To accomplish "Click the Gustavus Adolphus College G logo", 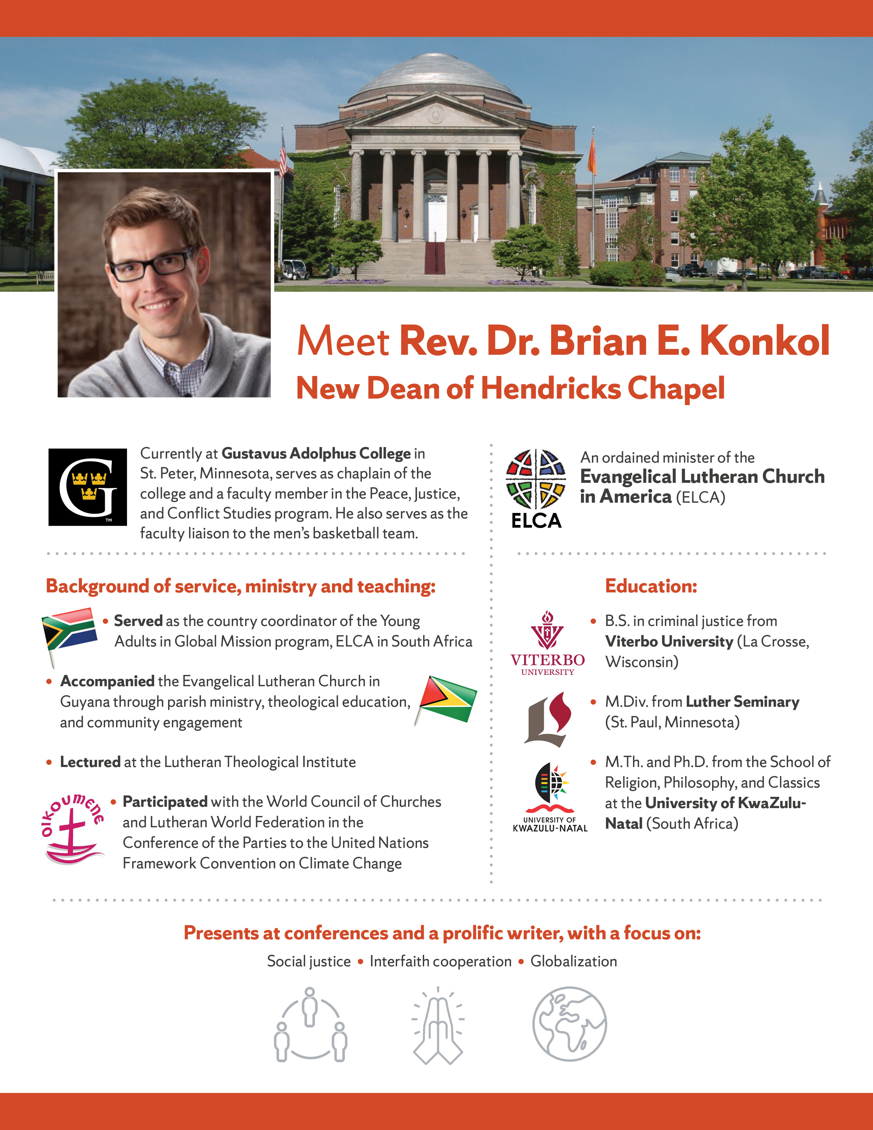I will [x=87, y=487].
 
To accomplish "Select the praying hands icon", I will [x=438, y=1026].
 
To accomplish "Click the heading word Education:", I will [x=650, y=586].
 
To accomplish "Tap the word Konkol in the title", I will [x=764, y=341].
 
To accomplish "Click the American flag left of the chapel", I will [x=282, y=155].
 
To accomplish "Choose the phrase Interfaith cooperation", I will [x=440, y=961].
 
